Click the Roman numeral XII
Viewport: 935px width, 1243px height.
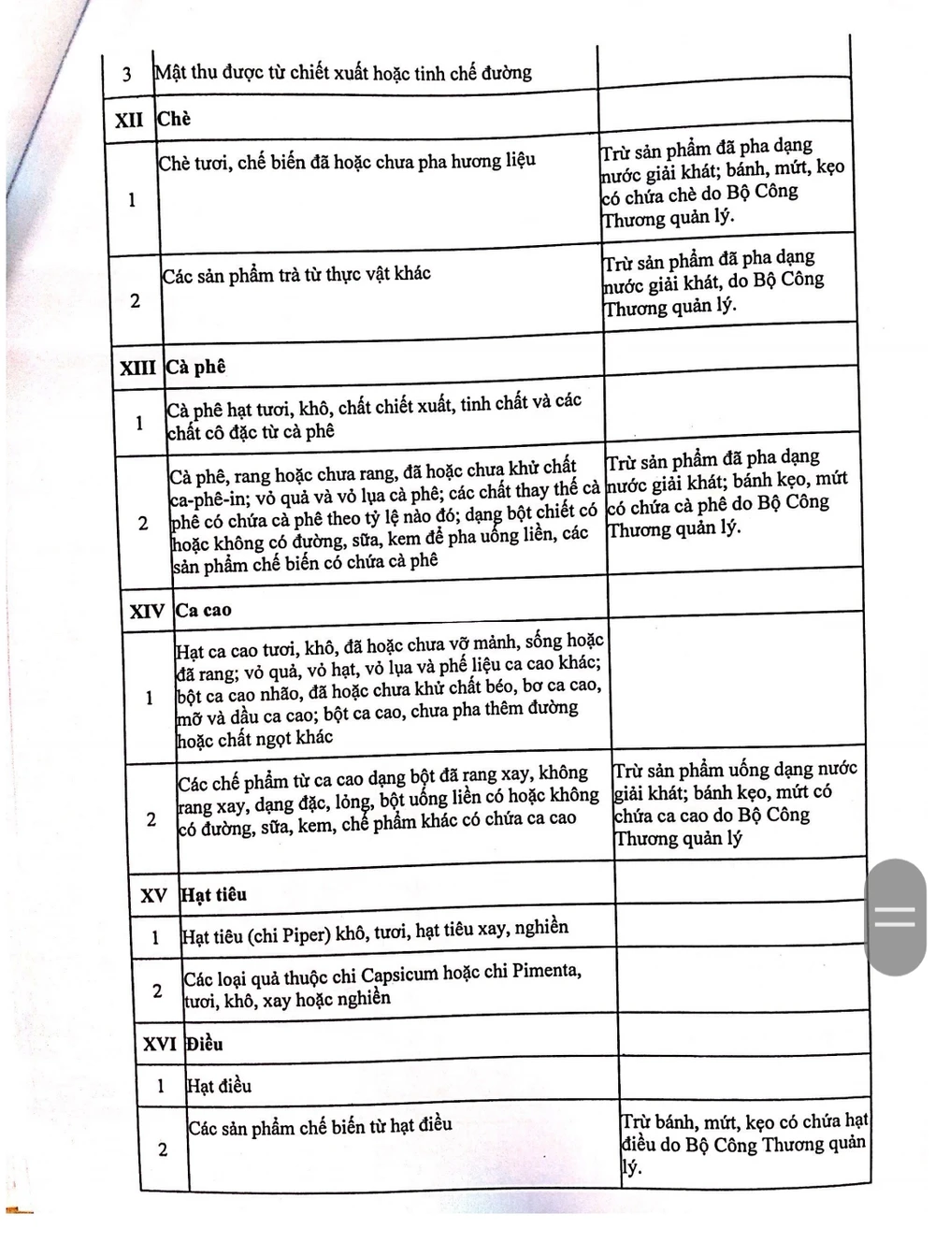click(x=129, y=121)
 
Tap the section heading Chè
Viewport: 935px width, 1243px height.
click(x=174, y=119)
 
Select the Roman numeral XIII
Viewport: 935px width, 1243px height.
click(x=137, y=368)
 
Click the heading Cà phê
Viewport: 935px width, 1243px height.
click(x=195, y=367)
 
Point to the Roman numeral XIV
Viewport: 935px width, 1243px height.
click(x=147, y=612)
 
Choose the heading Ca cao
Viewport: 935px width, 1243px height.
click(x=203, y=611)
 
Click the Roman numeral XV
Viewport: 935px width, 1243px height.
click(x=153, y=895)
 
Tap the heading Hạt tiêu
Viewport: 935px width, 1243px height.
click(x=213, y=894)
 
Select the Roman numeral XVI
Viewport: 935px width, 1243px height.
click(x=159, y=1044)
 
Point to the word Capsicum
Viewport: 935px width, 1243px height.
click(x=399, y=974)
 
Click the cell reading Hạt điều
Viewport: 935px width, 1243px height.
click(x=219, y=1086)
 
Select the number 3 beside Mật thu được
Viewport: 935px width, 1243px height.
click(x=127, y=74)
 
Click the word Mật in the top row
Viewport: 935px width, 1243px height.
click(x=170, y=72)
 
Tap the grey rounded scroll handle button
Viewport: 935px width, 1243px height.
click(x=895, y=917)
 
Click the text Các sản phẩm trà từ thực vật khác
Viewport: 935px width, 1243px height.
click(x=296, y=275)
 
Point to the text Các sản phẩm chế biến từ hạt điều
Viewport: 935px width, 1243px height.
click(x=320, y=1126)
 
